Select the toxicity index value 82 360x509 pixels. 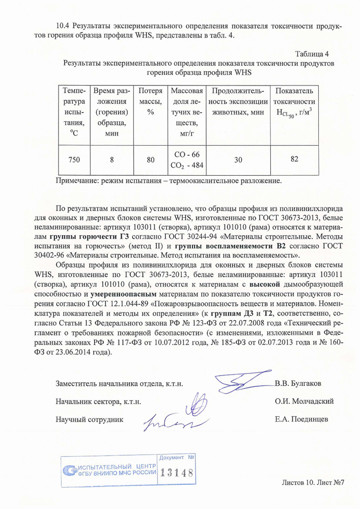coord(294,159)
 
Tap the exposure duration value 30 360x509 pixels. coord(238,159)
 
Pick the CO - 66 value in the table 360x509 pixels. coord(187,154)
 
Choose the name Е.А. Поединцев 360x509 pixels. coord(301,419)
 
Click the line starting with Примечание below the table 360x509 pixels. coord(168,180)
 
